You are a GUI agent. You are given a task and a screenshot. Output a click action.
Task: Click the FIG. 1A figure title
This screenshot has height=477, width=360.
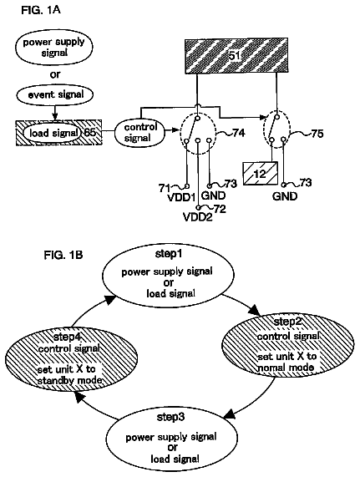[41, 10]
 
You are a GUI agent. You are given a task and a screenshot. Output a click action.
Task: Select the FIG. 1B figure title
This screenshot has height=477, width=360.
[63, 255]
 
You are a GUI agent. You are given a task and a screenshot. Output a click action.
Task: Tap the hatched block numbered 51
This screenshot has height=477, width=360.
[236, 56]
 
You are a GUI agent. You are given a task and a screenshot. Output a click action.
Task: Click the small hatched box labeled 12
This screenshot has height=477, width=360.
[261, 174]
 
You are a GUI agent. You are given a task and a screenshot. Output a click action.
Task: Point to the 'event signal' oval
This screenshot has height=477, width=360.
[55, 94]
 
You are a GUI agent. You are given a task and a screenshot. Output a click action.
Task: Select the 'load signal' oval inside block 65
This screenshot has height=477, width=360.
[53, 133]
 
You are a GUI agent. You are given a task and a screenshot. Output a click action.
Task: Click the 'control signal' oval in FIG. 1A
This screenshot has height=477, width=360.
[139, 132]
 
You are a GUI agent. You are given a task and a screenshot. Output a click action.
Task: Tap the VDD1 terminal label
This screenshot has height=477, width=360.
[181, 198]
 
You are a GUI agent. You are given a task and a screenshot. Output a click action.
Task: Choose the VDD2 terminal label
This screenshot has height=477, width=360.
[198, 217]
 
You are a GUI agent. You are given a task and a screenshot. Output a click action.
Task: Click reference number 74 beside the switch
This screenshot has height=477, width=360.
[239, 133]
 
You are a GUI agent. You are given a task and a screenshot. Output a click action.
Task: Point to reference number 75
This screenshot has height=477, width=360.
[317, 134]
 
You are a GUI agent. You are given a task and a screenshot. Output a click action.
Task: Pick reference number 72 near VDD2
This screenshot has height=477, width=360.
[220, 209]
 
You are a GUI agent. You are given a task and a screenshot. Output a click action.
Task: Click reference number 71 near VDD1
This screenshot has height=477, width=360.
[165, 188]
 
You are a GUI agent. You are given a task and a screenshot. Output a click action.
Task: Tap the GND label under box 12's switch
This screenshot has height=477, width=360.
[285, 196]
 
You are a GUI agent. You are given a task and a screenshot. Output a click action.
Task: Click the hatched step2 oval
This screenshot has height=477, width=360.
[288, 347]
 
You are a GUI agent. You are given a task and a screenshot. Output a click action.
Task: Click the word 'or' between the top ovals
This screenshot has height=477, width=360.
[55, 74]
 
